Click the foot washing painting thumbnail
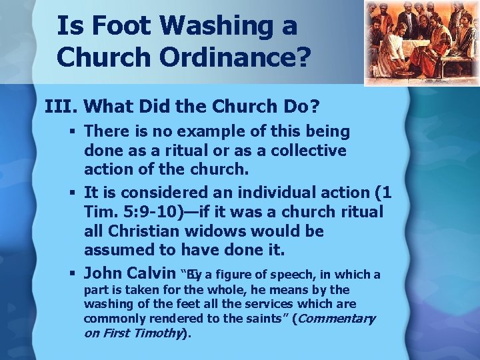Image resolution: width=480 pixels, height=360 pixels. click(x=421, y=43)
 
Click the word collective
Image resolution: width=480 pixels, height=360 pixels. click(x=307, y=151)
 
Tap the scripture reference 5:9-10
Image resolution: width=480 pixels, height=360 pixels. click(x=147, y=212)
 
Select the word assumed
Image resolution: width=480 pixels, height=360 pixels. click(x=116, y=251)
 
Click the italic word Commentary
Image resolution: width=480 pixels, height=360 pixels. click(x=337, y=319)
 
